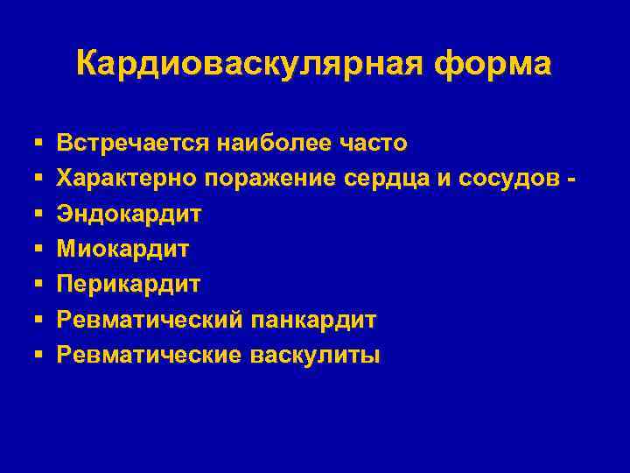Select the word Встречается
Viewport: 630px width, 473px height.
tap(134, 142)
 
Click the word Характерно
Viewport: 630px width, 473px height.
tap(128, 178)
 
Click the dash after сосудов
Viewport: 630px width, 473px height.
tap(571, 179)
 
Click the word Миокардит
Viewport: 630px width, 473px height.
tap(123, 249)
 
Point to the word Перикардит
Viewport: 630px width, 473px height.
tap(129, 284)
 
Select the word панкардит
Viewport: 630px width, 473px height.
tap(313, 320)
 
